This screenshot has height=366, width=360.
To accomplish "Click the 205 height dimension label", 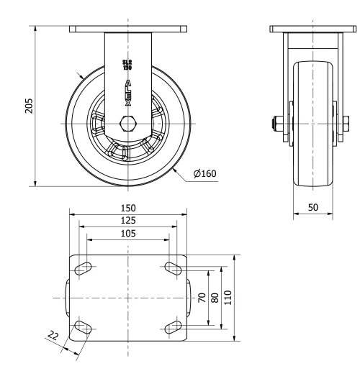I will click(28, 107).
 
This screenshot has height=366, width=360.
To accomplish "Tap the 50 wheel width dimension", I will click(312, 206).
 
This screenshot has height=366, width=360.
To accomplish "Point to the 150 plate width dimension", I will click(128, 207).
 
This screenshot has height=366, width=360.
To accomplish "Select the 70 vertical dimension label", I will click(202, 297).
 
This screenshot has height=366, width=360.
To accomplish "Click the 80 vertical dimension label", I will click(215, 297).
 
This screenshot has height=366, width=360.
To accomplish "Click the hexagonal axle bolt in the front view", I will click(128, 123).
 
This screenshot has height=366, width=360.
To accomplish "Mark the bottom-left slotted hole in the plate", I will click(84, 328).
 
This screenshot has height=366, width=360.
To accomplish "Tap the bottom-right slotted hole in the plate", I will click(173, 328).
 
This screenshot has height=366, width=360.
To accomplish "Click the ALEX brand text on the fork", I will click(128, 93).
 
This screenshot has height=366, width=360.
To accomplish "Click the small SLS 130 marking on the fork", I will click(128, 65).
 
